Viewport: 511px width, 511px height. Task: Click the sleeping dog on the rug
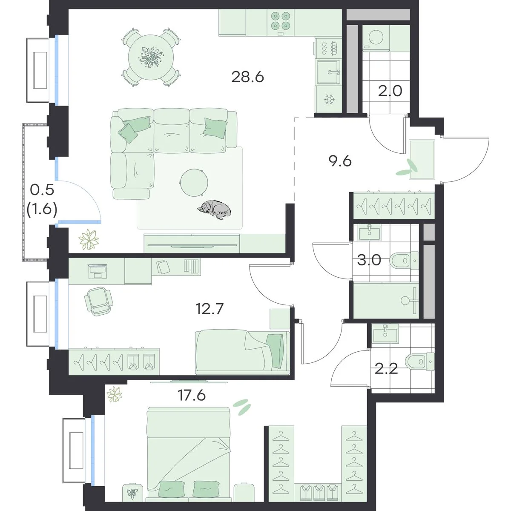click(214, 210)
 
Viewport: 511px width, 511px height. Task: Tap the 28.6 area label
click(247, 77)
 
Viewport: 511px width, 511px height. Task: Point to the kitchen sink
click(328, 72)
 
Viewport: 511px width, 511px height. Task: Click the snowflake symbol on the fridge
click(329, 100)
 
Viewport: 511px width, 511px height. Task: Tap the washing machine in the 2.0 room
click(376, 38)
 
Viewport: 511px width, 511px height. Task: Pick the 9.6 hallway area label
click(340, 161)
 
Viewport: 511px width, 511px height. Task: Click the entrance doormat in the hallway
click(422, 160)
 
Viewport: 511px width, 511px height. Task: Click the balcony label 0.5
click(42, 190)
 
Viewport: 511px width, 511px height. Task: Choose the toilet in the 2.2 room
click(420, 362)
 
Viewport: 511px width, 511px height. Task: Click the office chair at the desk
click(98, 301)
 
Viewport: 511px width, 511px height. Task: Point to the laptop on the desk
click(98, 271)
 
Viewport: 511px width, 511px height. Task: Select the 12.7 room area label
click(210, 309)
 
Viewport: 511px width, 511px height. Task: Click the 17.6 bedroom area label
click(192, 396)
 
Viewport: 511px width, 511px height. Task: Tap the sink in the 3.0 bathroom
click(369, 233)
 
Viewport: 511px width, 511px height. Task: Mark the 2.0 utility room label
click(390, 91)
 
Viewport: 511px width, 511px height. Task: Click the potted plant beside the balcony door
click(89, 239)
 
